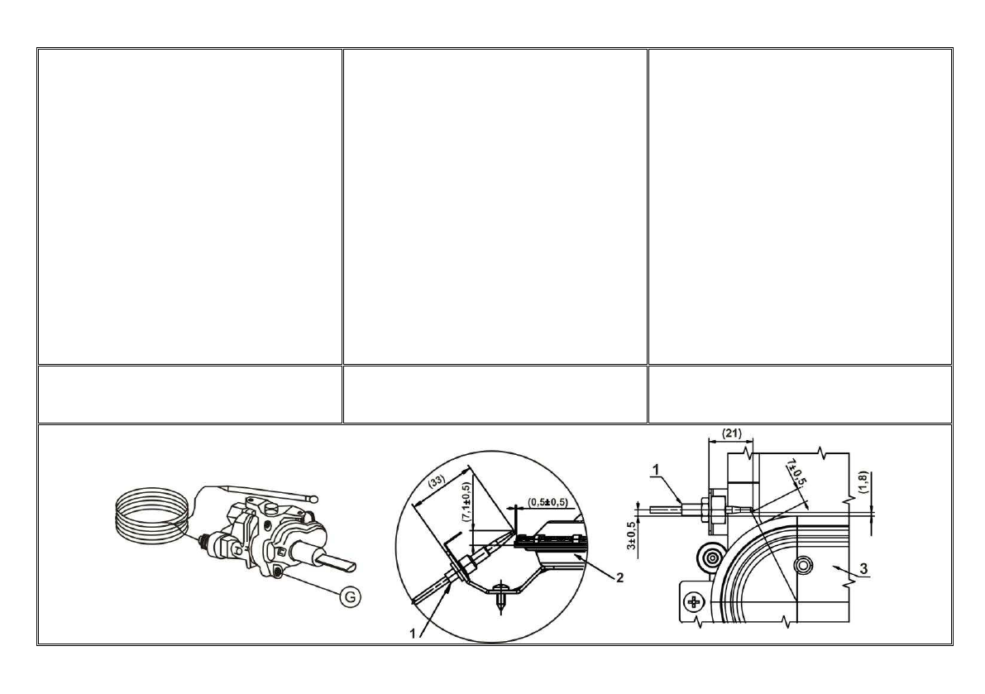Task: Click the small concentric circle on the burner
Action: (x=802, y=564)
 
